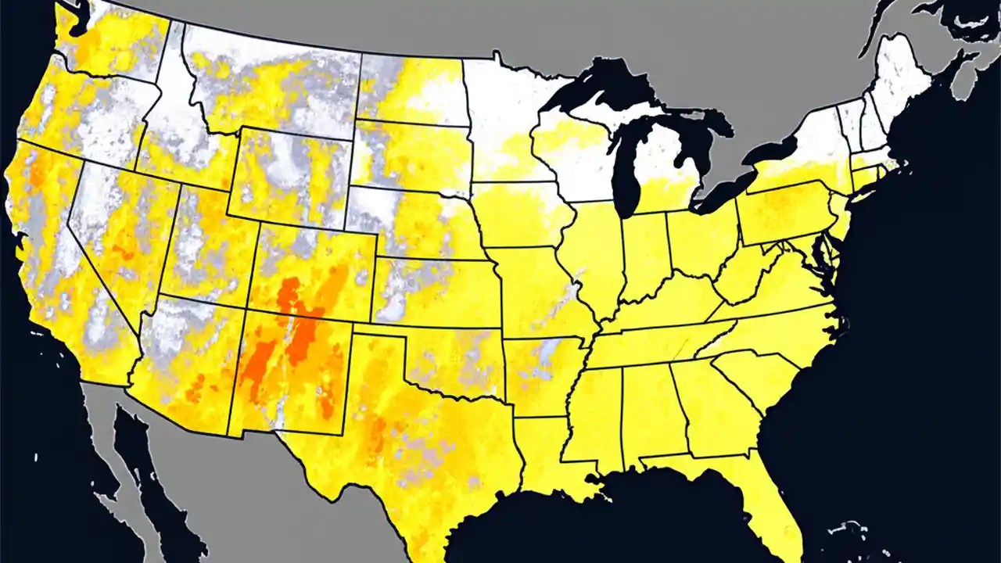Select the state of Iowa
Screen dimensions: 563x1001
pos(520,215)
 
